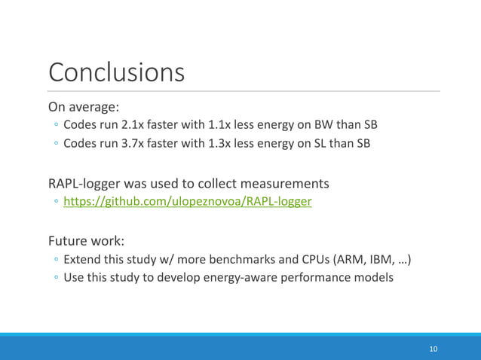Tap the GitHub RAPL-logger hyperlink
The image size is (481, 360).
coord(188,203)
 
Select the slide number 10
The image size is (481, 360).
coord(433,349)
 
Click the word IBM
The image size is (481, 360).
coord(382,261)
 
